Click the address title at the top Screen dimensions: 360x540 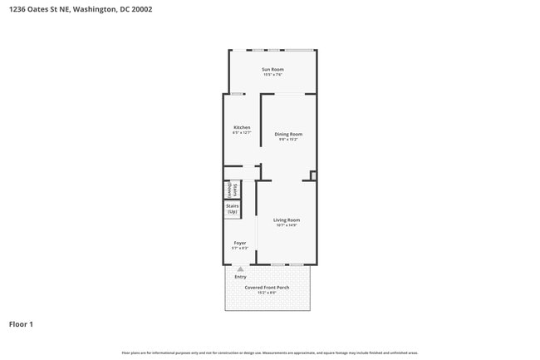pyautogui.click(x=81, y=9)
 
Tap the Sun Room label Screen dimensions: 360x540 pyautogui.click(x=272, y=69)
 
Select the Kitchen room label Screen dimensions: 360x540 pyautogui.click(x=242, y=127)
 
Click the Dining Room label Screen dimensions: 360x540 pyautogui.click(x=288, y=134)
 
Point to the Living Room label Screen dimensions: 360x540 pyautogui.click(x=286, y=219)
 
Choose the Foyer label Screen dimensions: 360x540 pyautogui.click(x=239, y=243)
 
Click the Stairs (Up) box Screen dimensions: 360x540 pyautogui.click(x=233, y=209)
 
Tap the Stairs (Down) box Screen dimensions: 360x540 pyautogui.click(x=233, y=190)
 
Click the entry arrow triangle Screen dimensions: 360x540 pyautogui.click(x=240, y=269)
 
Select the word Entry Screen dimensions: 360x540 pyautogui.click(x=240, y=277)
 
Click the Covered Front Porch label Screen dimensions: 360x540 pyautogui.click(x=267, y=288)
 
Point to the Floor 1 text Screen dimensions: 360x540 pyautogui.click(x=21, y=324)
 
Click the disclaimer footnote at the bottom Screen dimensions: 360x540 pyautogui.click(x=269, y=353)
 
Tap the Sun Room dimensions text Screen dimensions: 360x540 pyautogui.click(x=272, y=75)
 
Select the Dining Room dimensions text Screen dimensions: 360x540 pyautogui.click(x=288, y=140)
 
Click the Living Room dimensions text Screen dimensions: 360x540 pyautogui.click(x=286, y=225)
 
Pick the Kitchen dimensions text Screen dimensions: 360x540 pyautogui.click(x=242, y=133)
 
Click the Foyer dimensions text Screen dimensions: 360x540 pyautogui.click(x=239, y=249)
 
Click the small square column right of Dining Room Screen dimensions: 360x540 pyautogui.click(x=312, y=175)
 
